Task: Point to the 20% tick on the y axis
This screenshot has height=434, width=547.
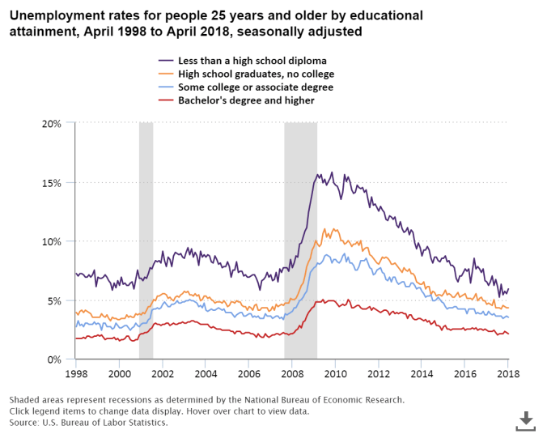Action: (52, 123)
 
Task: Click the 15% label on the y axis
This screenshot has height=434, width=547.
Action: (52, 182)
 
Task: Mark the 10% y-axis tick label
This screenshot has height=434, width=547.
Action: (52, 241)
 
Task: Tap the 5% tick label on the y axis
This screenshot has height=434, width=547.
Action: (54, 300)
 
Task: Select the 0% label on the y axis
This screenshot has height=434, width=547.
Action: (54, 360)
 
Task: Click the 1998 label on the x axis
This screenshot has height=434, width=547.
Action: (76, 374)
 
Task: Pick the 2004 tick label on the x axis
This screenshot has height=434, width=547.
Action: (206, 374)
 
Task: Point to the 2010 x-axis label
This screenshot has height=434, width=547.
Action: (335, 374)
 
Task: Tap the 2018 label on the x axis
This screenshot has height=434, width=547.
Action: (507, 374)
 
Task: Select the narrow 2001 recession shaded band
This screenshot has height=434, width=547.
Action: (146, 243)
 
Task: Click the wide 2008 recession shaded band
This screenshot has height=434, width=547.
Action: (300, 243)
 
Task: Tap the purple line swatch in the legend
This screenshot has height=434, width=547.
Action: (166, 61)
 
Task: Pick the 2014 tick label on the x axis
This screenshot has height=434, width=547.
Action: (422, 374)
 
